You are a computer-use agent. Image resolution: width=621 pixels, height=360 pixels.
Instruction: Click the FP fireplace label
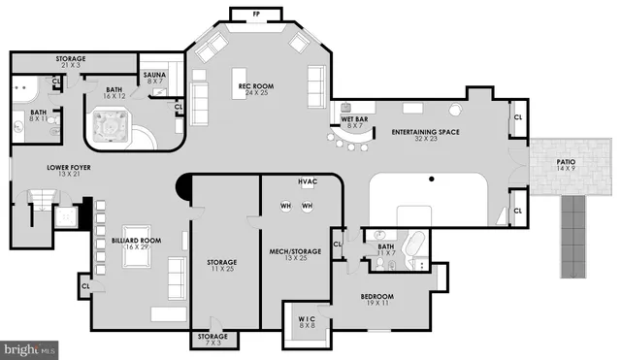[x=256, y=15]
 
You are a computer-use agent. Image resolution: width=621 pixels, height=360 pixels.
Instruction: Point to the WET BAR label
[x=353, y=121]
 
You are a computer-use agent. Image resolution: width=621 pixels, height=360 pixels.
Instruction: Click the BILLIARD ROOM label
[x=137, y=243]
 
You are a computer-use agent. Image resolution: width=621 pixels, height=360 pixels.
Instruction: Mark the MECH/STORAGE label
[x=295, y=255]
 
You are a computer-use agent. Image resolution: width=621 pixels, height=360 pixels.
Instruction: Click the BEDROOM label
[x=377, y=299]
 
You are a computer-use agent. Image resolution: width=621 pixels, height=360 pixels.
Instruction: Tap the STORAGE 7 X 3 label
[x=213, y=339]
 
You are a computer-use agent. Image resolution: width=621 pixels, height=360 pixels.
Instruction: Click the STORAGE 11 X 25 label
[x=222, y=265]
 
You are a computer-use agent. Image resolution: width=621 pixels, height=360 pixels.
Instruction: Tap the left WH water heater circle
[x=286, y=206]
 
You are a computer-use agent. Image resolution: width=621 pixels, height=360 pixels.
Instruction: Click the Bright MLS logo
[x=29, y=347]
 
